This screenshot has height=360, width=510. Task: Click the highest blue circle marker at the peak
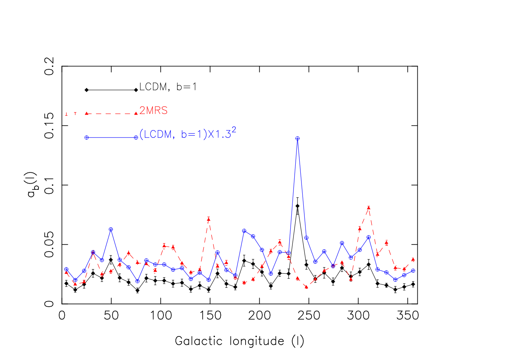point(297,139)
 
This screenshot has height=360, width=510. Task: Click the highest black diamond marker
point(297,206)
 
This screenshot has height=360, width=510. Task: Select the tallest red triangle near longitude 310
point(369,208)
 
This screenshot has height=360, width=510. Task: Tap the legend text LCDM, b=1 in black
point(168,87)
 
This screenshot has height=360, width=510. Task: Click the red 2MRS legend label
point(153,111)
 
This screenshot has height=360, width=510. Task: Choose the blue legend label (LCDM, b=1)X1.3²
point(187,133)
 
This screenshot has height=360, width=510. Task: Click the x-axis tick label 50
point(111,316)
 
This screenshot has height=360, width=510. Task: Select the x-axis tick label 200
point(259,316)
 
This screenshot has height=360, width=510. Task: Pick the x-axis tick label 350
point(408,316)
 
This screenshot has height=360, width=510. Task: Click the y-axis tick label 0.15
point(49,126)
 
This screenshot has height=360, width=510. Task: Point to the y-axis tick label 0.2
point(49,66)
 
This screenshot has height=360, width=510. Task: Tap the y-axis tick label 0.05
point(49,245)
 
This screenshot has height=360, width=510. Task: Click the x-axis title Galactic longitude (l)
point(239,341)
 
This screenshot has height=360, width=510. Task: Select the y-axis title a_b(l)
point(32,185)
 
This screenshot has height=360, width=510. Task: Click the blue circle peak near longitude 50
point(111,229)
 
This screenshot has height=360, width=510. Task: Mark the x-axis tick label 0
point(62,316)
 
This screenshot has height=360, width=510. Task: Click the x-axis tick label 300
point(358,316)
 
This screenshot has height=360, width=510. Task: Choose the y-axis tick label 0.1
point(49,185)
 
